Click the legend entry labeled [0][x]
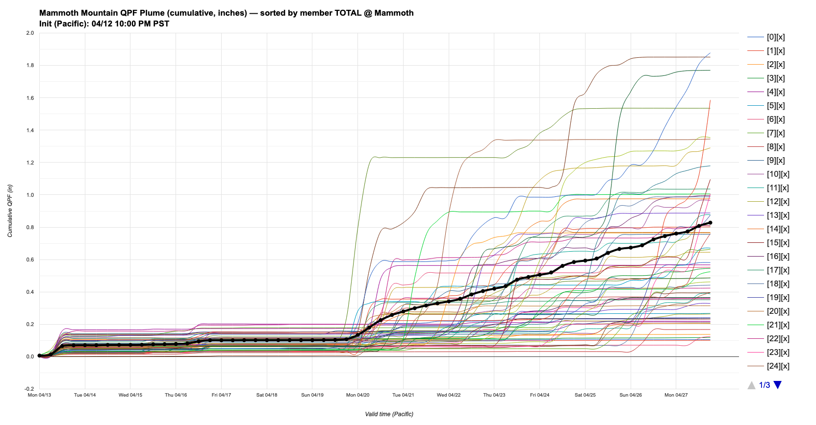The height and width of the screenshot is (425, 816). (x=775, y=37)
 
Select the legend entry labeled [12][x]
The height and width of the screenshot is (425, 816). (x=777, y=202)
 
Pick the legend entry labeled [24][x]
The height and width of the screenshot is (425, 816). (x=777, y=366)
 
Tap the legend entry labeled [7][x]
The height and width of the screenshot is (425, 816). (x=775, y=133)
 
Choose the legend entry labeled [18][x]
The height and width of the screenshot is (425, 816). (x=777, y=284)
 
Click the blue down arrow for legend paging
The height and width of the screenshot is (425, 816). (x=777, y=385)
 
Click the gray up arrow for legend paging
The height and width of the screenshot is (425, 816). (x=751, y=385)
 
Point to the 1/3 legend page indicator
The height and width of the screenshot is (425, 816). (x=764, y=385)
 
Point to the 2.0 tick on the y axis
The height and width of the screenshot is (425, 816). (x=30, y=33)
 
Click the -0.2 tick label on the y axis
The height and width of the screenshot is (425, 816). (x=29, y=389)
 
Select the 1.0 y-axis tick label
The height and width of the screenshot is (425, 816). (x=30, y=195)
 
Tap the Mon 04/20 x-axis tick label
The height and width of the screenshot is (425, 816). (x=357, y=395)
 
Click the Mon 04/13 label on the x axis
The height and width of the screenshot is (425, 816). (x=39, y=395)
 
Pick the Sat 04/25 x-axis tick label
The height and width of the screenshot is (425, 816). (x=585, y=395)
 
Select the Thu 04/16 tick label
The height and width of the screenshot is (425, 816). (x=176, y=395)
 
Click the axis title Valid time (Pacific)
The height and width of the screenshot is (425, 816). (x=389, y=414)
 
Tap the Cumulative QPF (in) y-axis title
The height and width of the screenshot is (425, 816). (x=10, y=211)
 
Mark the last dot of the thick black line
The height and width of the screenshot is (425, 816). (x=710, y=223)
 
